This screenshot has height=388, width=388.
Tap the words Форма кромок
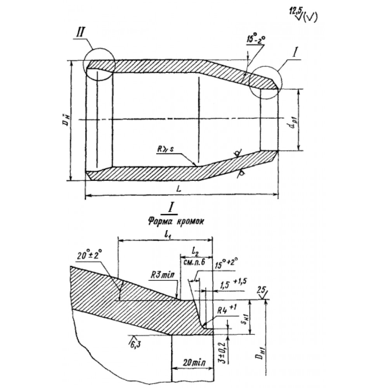coord(170,222)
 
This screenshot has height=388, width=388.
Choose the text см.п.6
coord(195,262)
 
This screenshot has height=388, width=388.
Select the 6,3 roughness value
coord(133,341)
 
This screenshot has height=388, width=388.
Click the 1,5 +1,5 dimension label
coord(233,284)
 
